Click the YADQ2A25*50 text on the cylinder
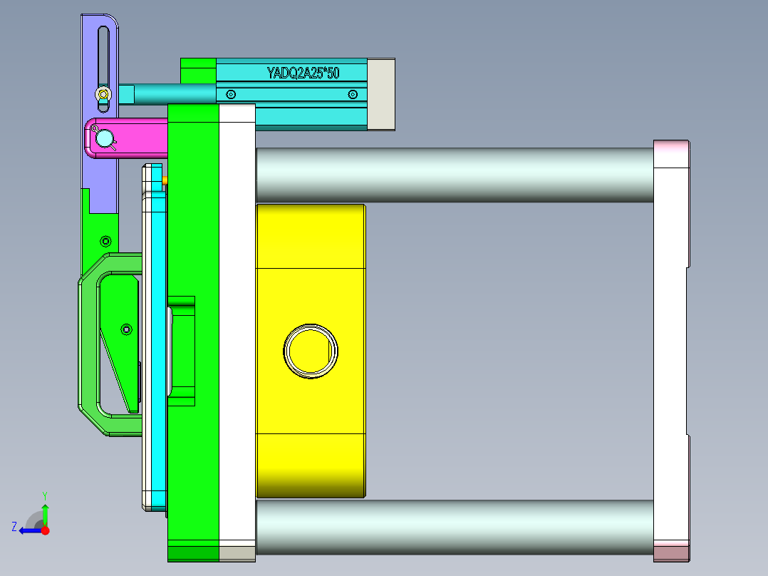(x=303, y=73)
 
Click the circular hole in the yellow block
(x=311, y=350)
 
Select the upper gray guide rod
(x=454, y=175)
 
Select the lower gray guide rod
(x=454, y=527)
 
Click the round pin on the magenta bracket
(x=105, y=138)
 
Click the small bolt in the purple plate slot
(x=104, y=94)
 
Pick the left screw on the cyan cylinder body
(x=230, y=94)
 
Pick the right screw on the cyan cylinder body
(x=352, y=94)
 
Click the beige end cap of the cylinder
(x=381, y=94)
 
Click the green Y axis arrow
(x=45, y=512)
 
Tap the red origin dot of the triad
(x=45, y=530)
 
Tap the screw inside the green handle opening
(x=127, y=329)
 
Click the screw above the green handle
(x=105, y=240)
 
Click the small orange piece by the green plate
(x=165, y=181)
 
